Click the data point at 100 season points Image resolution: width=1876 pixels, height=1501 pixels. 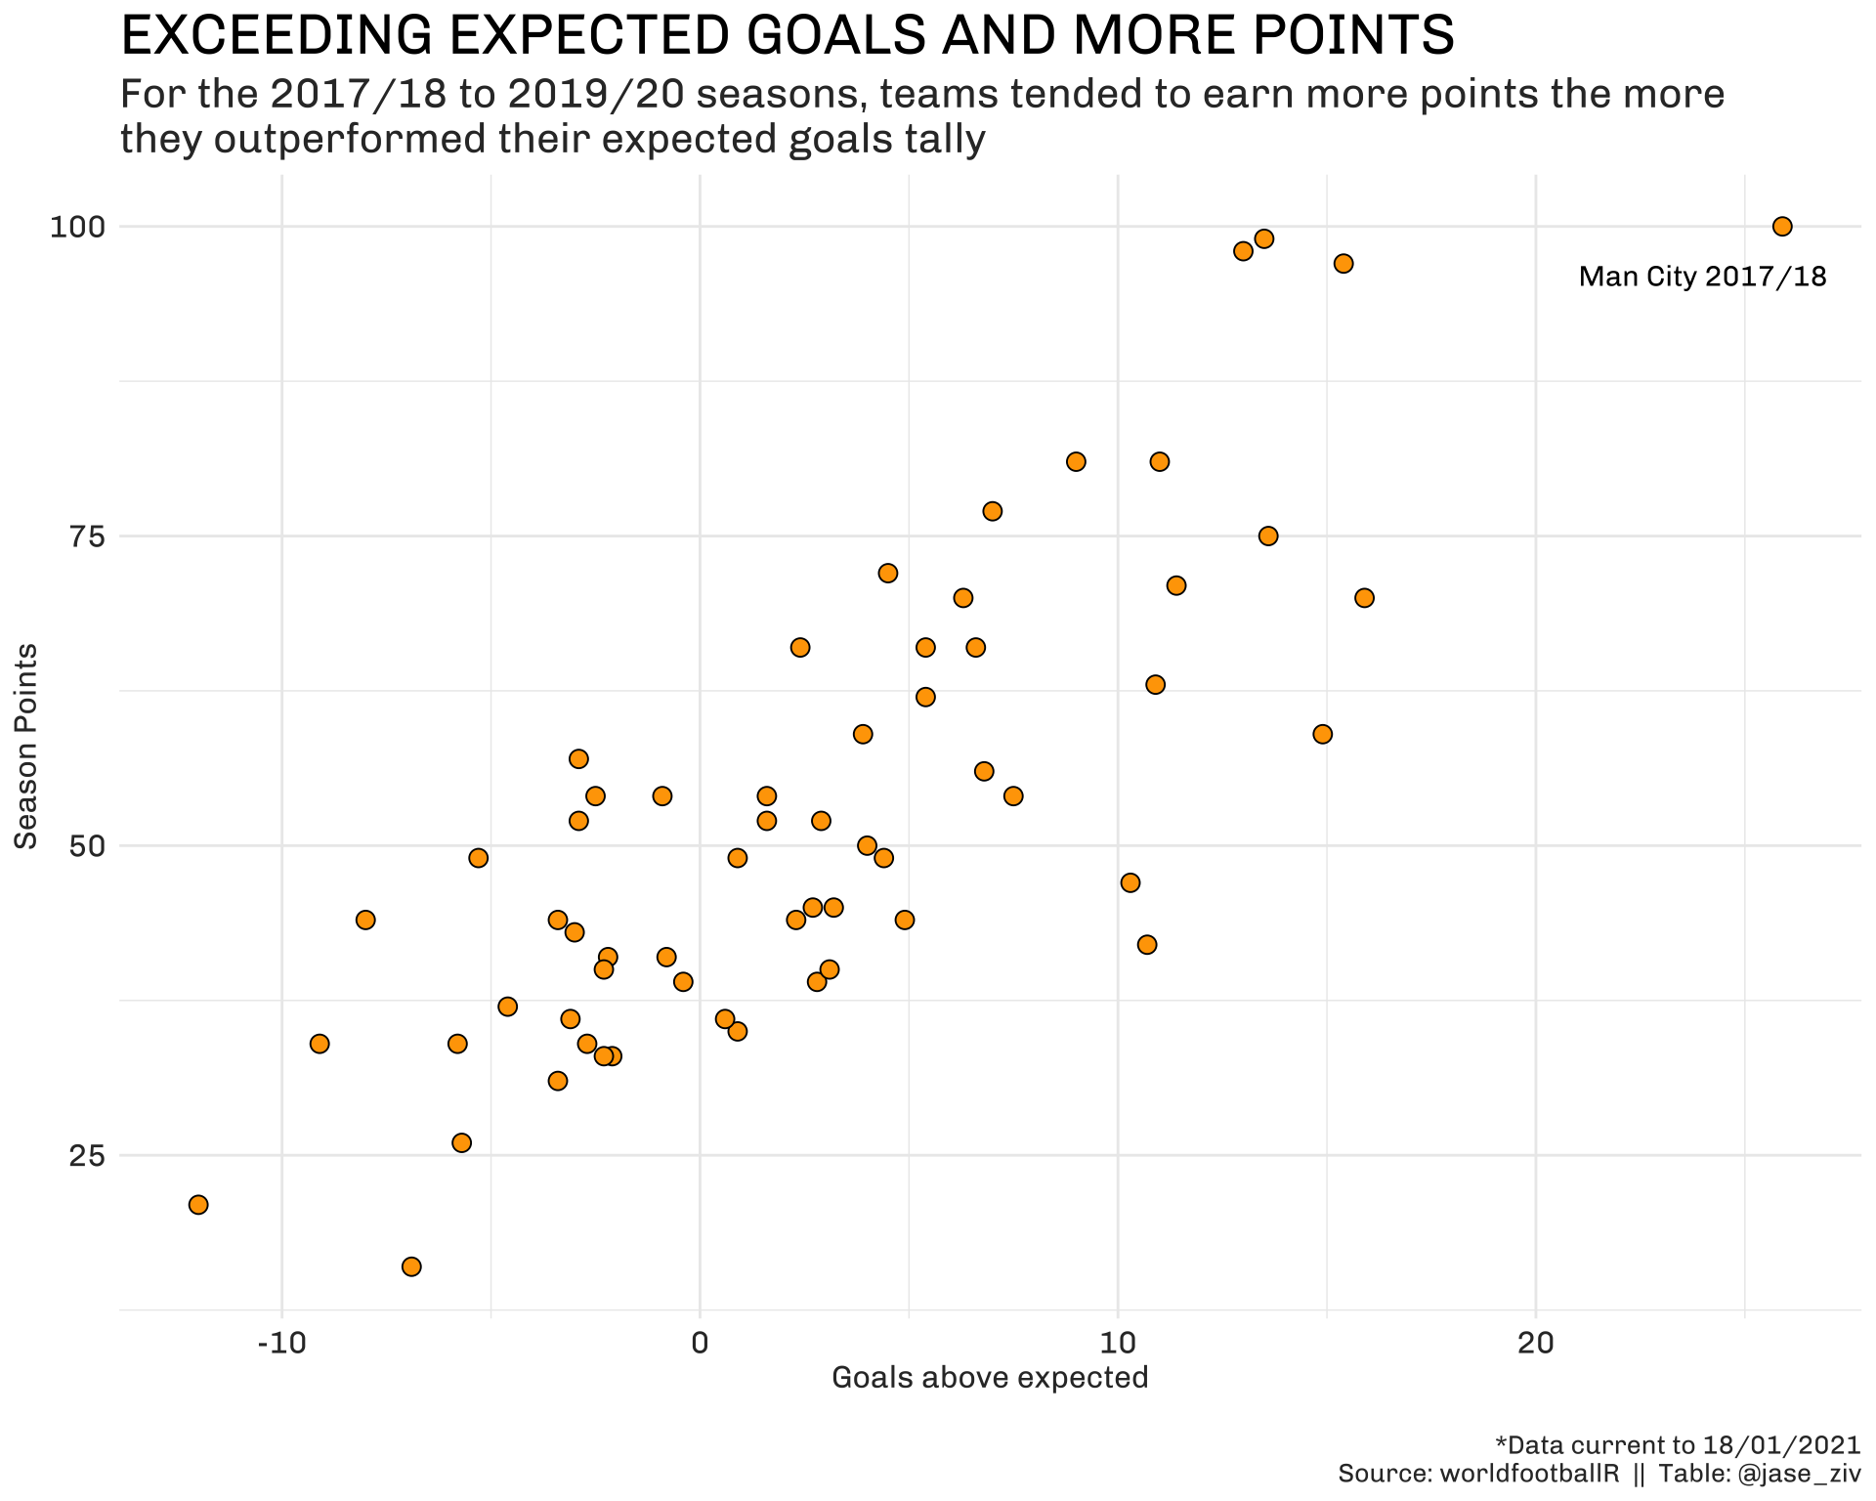coord(1782,227)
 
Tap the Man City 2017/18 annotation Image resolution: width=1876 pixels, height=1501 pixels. coord(1702,278)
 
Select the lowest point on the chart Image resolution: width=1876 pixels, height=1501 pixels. coord(411,1266)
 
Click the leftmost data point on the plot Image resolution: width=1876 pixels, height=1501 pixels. coord(198,1205)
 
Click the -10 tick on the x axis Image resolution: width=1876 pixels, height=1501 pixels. coord(281,1343)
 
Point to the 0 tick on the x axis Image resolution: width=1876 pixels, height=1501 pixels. coord(700,1343)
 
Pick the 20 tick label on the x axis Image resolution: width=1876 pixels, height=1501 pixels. coord(1536,1343)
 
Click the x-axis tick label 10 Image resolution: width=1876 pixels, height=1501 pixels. coord(1118,1343)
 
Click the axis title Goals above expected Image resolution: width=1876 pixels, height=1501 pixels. coord(989,1378)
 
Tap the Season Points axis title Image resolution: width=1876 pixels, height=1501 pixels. coord(26,747)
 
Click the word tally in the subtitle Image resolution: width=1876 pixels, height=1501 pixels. coord(939,140)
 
